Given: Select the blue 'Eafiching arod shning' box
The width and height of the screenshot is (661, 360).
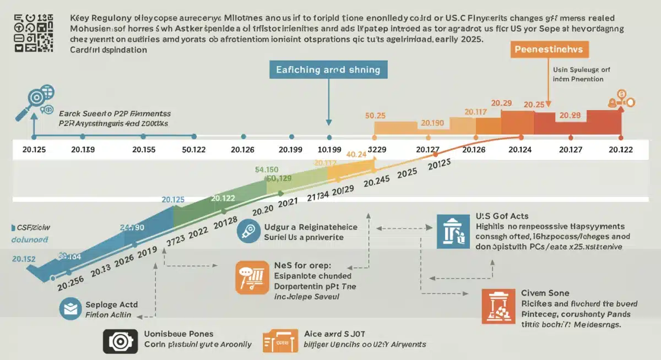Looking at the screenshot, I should tap(328, 70).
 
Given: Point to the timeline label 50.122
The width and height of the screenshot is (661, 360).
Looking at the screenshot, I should tap(193, 150).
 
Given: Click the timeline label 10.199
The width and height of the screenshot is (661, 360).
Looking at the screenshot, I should tap(329, 150).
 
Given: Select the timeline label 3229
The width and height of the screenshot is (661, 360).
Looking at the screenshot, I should tap(376, 150).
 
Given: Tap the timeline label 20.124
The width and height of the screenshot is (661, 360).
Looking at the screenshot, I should tap(520, 150).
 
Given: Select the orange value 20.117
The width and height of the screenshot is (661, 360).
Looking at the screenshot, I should tap(476, 112).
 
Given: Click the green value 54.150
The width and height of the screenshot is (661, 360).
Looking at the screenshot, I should tap(267, 170).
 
